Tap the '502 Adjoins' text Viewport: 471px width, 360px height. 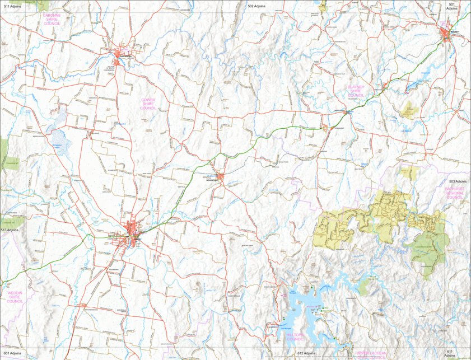pyautogui.click(x=257, y=6)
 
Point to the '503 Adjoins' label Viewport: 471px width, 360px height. pyautogui.click(x=458, y=181)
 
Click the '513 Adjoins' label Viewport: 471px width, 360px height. pyautogui.click(x=10, y=230)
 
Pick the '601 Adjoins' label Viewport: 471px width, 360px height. pyautogui.click(x=12, y=354)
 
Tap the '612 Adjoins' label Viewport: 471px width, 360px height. pyautogui.click(x=306, y=354)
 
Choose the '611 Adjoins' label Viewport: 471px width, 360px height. pyautogui.click(x=450, y=353)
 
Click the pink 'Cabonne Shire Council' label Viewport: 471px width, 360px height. pyautogui.click(x=52, y=20)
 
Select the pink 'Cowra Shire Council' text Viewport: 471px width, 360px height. pyautogui.click(x=148, y=104)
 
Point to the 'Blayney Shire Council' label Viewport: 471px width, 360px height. pyautogui.click(x=356, y=91)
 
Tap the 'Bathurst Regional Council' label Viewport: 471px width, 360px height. pyautogui.click(x=454, y=193)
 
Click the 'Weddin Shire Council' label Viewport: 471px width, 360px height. pyautogui.click(x=15, y=297)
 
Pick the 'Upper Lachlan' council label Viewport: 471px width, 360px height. pyautogui.click(x=371, y=354)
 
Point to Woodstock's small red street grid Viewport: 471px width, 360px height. pyautogui.click(x=220, y=177)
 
